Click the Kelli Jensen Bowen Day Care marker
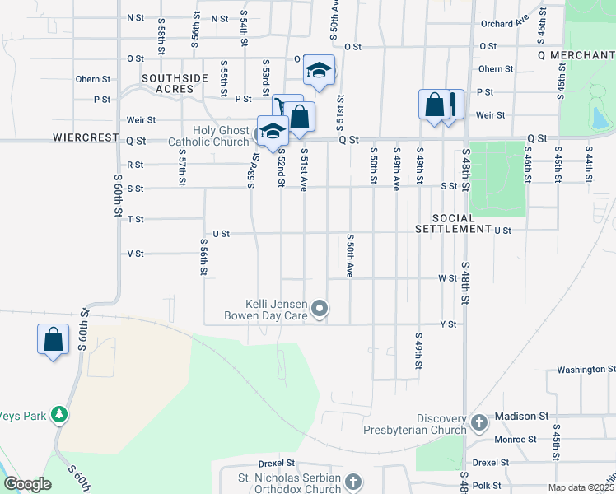322,309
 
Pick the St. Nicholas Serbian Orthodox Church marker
352,481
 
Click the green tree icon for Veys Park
58,414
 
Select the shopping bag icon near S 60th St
54,339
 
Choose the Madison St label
520,417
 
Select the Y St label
448,325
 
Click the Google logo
27,484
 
